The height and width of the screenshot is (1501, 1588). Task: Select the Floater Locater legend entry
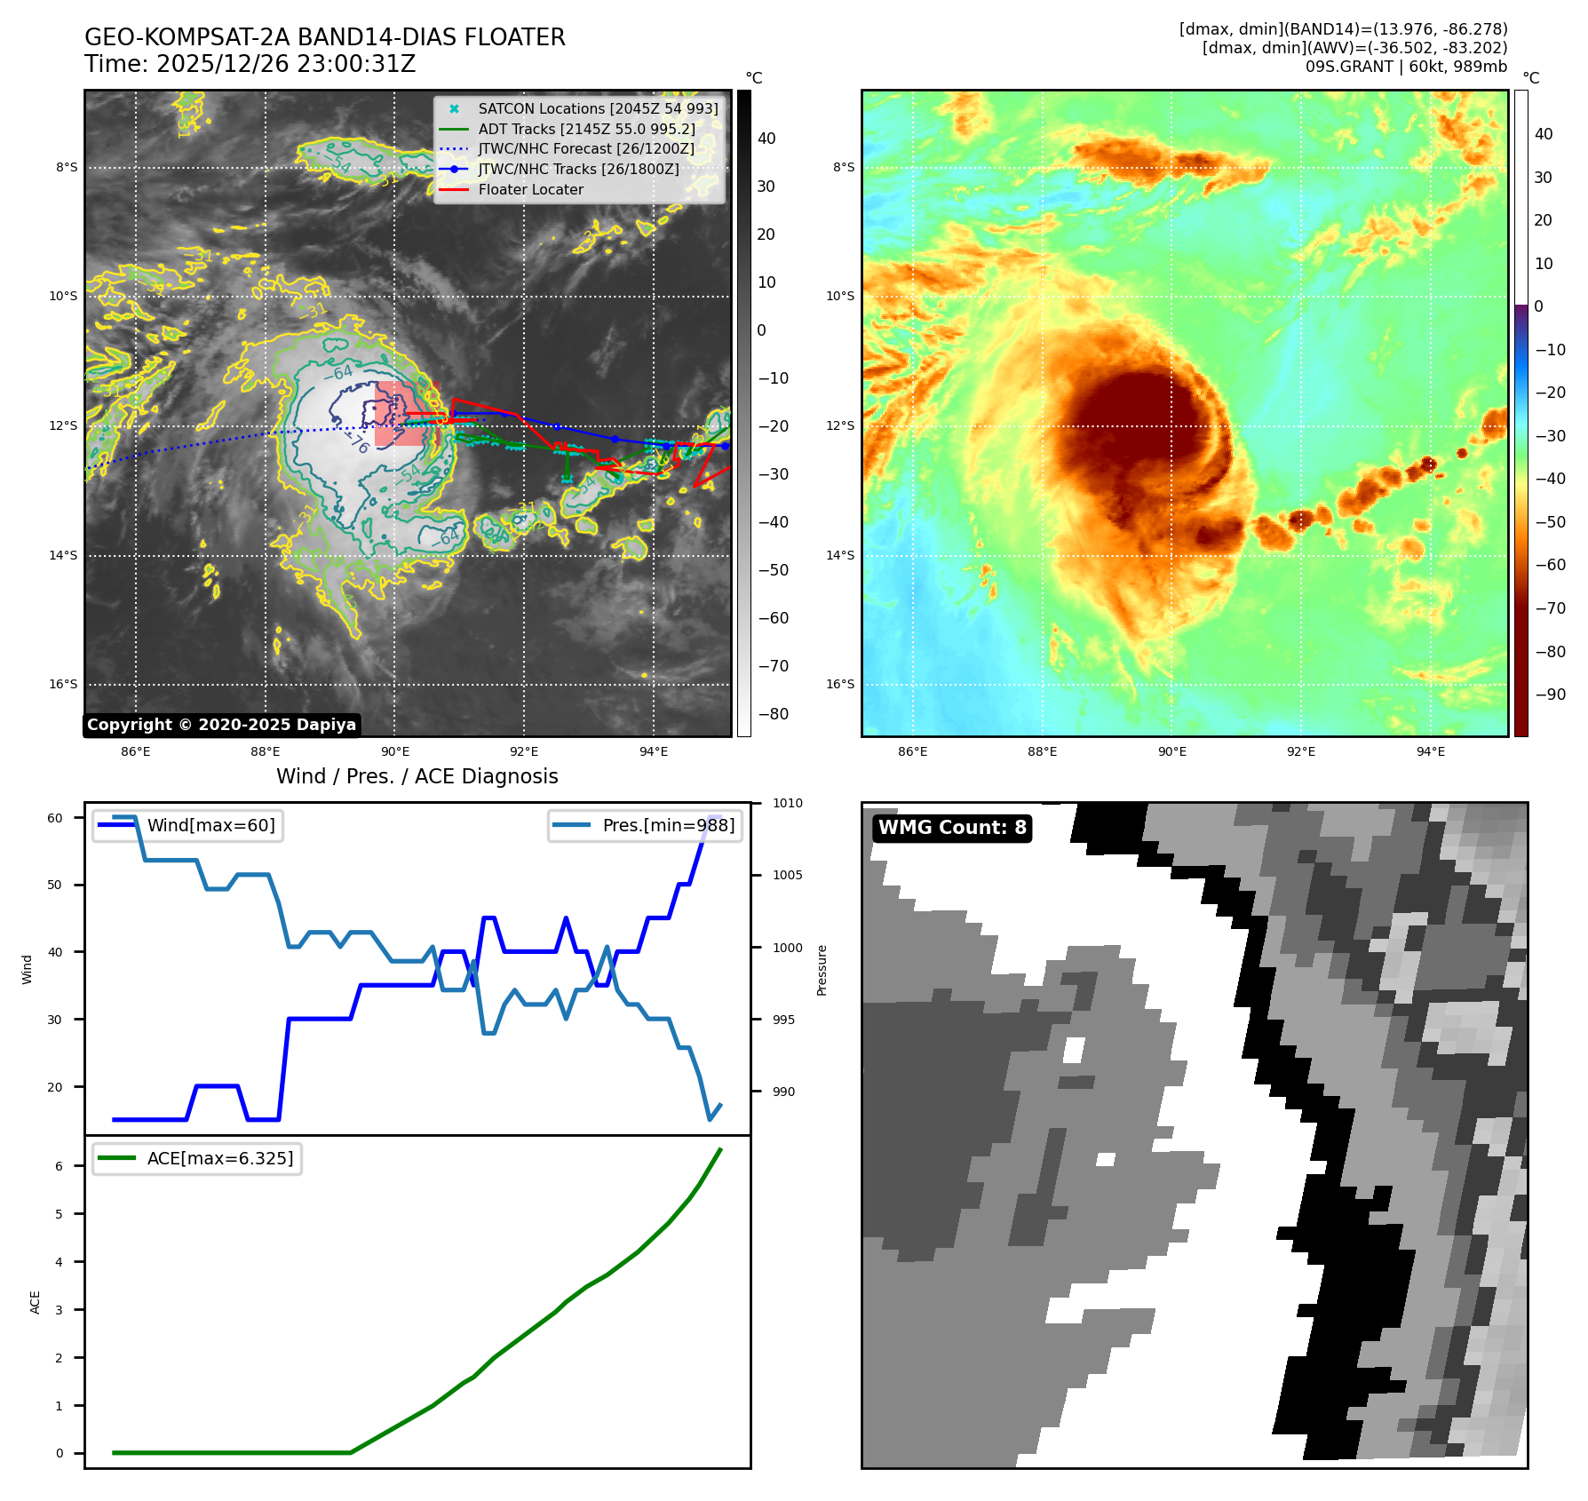tap(530, 190)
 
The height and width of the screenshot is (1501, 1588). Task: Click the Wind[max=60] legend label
tap(210, 826)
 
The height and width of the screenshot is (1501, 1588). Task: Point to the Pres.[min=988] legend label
tap(668, 826)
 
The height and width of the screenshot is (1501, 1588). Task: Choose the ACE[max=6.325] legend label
tap(219, 1159)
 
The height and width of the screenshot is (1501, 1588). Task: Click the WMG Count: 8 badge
tap(952, 828)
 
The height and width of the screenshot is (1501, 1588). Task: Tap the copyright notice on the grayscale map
tap(221, 725)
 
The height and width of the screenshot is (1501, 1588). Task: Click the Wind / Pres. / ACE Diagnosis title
tap(417, 776)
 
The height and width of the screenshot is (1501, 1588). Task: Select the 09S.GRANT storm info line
tap(1405, 67)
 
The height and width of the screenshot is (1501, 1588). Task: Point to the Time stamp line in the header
tap(250, 64)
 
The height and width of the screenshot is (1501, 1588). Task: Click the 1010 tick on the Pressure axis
tap(787, 804)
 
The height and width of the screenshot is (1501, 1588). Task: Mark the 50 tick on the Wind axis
tap(55, 886)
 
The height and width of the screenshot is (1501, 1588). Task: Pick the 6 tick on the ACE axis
tap(60, 1166)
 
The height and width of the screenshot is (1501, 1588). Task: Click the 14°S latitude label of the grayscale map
tap(62, 556)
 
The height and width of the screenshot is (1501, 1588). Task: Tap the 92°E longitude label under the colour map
tap(1301, 752)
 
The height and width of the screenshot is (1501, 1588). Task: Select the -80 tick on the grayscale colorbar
tap(773, 714)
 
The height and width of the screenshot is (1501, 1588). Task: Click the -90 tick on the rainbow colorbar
tap(1550, 695)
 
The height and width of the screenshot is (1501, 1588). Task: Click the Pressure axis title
tap(822, 970)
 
